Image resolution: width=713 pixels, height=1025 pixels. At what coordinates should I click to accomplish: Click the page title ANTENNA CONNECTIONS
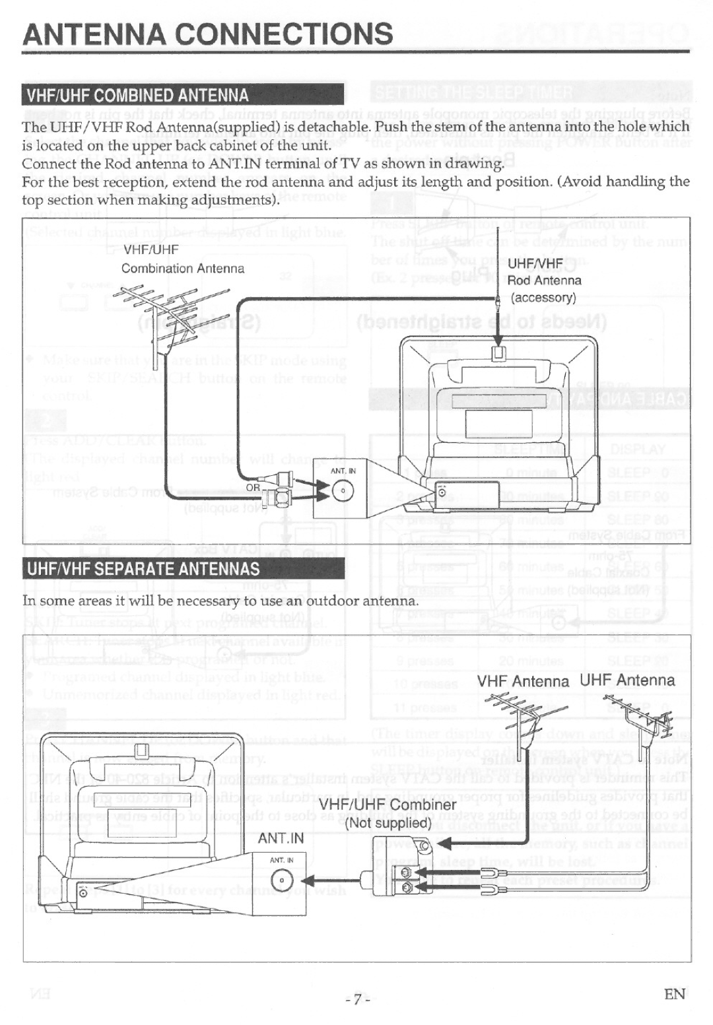pyautogui.click(x=207, y=34)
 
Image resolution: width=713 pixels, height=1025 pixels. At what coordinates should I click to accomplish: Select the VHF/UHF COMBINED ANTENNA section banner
pyautogui.click(x=137, y=96)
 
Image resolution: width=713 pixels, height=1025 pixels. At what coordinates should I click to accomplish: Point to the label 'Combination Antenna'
pyautogui.click(x=182, y=269)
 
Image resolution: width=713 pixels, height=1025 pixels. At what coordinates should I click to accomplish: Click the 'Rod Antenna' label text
pyautogui.click(x=544, y=281)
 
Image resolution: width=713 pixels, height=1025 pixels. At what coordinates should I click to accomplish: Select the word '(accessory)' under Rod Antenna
pyautogui.click(x=543, y=298)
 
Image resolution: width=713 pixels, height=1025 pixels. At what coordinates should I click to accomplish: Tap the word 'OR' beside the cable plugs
pyautogui.click(x=254, y=487)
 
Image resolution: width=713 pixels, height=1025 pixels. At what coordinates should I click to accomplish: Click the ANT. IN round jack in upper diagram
pyautogui.click(x=343, y=491)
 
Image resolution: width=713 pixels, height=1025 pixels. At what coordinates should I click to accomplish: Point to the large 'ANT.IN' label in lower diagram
pyautogui.click(x=281, y=838)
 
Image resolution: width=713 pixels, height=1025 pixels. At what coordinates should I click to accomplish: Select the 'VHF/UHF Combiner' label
pyautogui.click(x=388, y=805)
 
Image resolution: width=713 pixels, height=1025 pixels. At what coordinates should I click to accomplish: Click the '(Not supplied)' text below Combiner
pyautogui.click(x=388, y=823)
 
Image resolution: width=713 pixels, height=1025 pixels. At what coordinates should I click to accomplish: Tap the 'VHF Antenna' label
pyautogui.click(x=524, y=681)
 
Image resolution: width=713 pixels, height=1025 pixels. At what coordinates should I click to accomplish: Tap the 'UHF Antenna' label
pyautogui.click(x=627, y=680)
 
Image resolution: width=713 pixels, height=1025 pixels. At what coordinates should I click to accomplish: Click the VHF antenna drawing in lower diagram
pyautogui.click(x=526, y=716)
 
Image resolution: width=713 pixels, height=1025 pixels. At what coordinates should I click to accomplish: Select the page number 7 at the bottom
pyautogui.click(x=356, y=999)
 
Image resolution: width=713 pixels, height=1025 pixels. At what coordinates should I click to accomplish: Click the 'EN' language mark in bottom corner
pyautogui.click(x=674, y=994)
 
